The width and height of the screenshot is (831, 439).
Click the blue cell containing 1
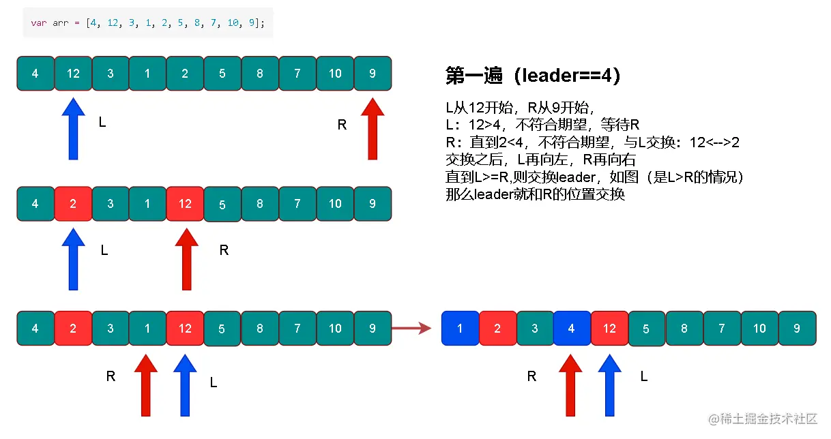(x=460, y=329)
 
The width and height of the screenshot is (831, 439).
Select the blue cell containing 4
(x=572, y=329)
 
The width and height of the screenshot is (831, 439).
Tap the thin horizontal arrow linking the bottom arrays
(x=413, y=329)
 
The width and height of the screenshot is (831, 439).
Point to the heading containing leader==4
(x=533, y=76)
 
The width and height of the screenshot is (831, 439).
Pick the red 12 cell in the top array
(x=73, y=74)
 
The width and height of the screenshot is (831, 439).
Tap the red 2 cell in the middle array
(x=73, y=204)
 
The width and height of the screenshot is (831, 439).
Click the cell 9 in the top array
(x=373, y=74)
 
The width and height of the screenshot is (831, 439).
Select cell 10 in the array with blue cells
(x=759, y=329)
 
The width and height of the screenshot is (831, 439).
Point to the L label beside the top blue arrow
(x=102, y=123)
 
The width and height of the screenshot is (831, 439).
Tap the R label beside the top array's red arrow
(x=342, y=125)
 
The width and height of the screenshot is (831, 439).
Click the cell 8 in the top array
(x=260, y=74)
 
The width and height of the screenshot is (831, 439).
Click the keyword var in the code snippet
(x=38, y=23)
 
